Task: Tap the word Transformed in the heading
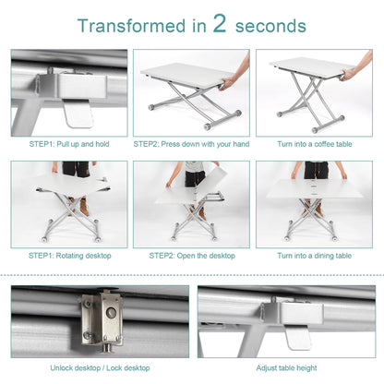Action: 133,26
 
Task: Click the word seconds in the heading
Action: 270,26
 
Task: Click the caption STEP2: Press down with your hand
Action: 191,143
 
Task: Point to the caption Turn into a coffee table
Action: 314,143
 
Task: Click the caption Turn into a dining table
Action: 314,255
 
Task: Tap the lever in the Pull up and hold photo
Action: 78,111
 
